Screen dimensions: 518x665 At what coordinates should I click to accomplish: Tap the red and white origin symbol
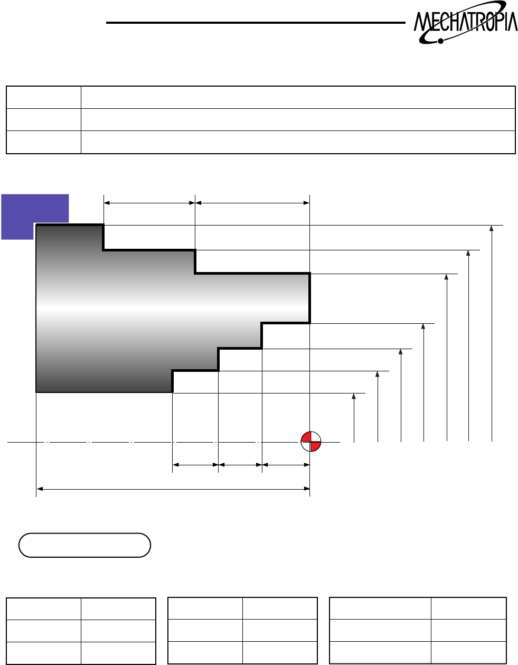(310, 441)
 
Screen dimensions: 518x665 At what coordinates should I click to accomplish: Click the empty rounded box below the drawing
(84, 545)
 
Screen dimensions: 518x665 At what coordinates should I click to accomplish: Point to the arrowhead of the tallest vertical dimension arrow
(492, 228)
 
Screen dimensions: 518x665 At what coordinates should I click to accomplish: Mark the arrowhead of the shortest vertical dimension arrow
(354, 396)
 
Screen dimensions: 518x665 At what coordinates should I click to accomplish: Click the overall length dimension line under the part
(173, 489)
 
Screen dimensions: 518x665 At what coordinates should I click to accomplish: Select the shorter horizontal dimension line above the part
(149, 202)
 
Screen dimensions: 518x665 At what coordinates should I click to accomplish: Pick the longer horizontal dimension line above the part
(252, 202)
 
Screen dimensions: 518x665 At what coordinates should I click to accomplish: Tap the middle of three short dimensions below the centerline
(240, 465)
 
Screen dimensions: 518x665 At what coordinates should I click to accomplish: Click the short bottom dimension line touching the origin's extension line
(286, 465)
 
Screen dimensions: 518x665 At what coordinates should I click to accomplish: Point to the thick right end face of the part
(309, 298)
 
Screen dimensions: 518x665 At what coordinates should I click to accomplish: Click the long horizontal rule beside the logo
(253, 23)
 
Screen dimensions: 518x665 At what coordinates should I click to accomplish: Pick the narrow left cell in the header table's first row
(43, 97)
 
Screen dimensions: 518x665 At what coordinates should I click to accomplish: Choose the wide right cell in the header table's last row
(298, 142)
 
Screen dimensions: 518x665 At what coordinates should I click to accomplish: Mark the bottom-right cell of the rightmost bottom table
(468, 652)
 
